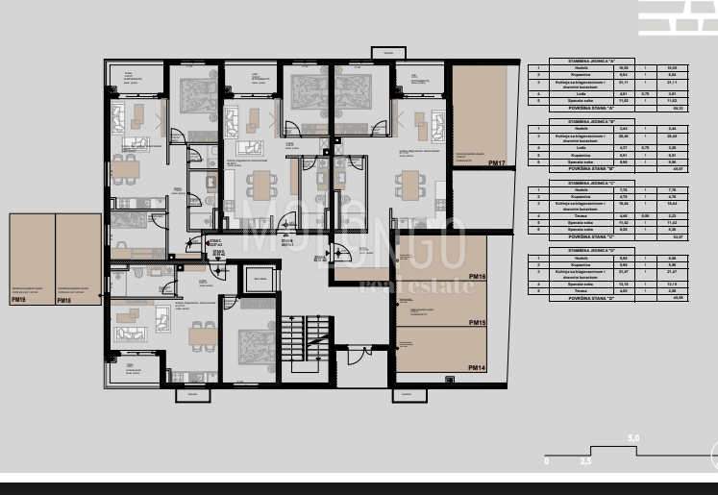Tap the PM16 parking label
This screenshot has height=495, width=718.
(477, 277)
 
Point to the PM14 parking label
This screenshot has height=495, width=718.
(477, 367)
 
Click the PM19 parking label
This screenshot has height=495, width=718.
(18, 300)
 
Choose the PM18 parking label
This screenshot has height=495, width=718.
(63, 300)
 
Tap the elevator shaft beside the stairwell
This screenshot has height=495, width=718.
(260, 280)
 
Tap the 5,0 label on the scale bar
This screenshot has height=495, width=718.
(633, 438)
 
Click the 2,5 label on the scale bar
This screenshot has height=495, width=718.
(585, 461)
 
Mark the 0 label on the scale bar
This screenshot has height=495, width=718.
(546, 461)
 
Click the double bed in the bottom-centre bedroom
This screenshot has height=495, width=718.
(257, 343)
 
